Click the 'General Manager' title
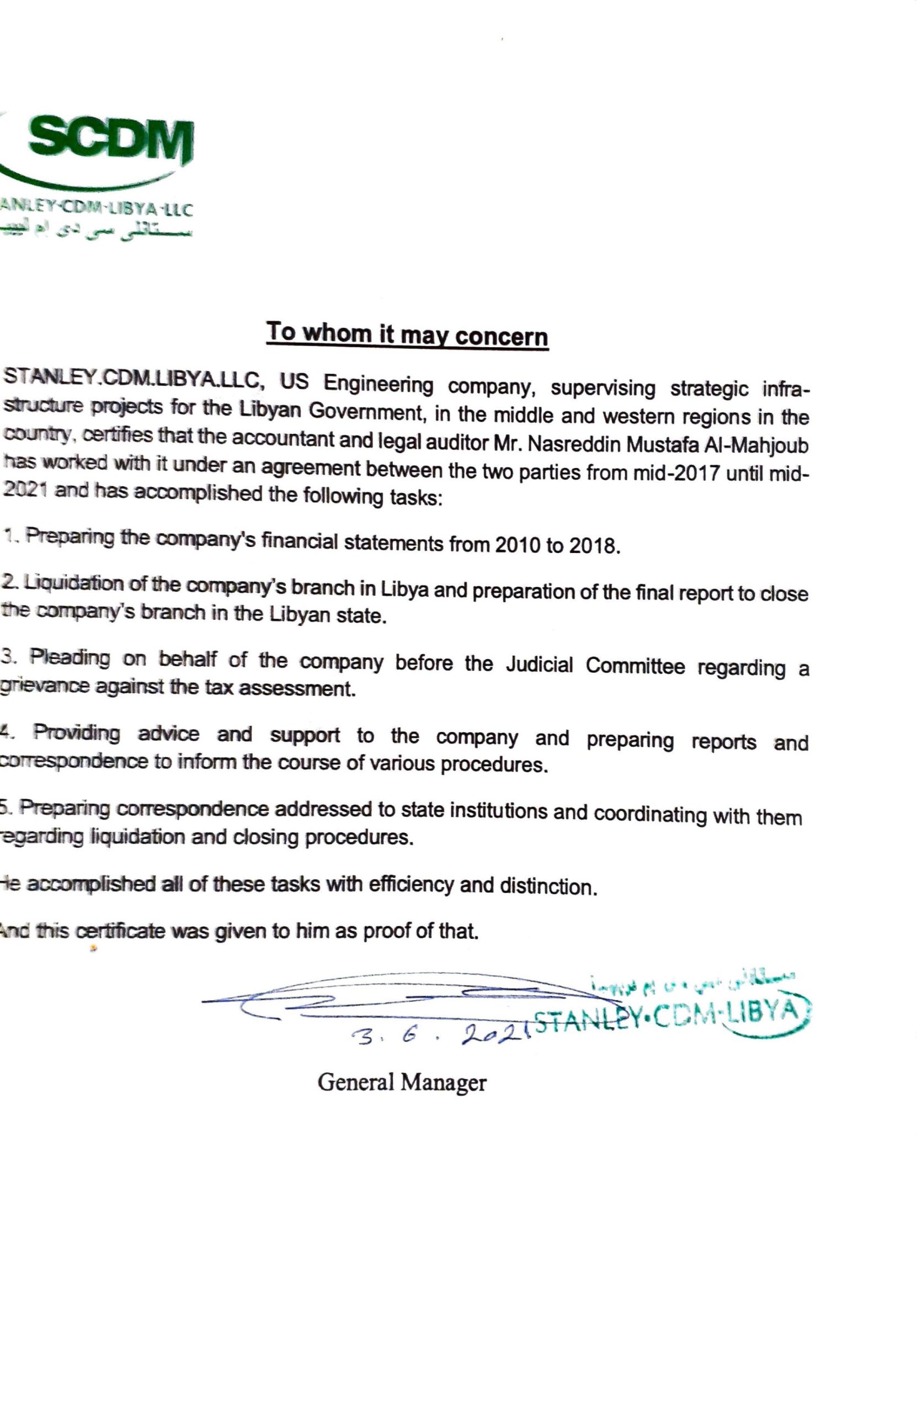(x=402, y=1082)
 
